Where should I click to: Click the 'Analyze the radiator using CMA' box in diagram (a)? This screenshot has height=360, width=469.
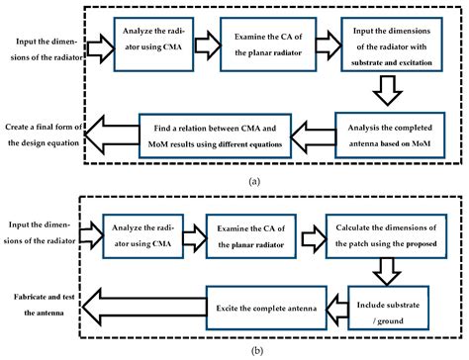(x=148, y=45)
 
